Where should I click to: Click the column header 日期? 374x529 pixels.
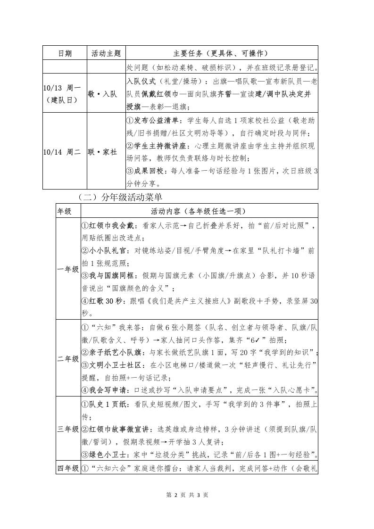point(65,53)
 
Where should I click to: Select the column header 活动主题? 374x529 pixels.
point(106,53)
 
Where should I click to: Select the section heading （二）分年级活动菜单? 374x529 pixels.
point(122,197)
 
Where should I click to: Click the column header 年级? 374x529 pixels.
point(65,211)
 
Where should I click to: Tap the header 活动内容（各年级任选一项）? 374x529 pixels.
point(199,211)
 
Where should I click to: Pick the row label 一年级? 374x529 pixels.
point(67,269)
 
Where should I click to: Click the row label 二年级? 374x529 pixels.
point(67,359)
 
